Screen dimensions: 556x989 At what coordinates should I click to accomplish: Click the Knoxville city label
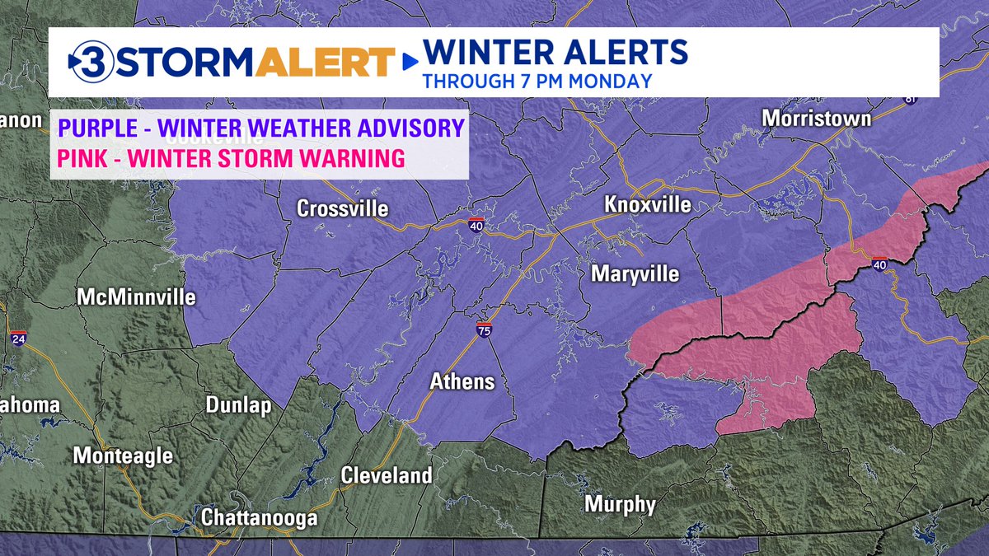(x=647, y=204)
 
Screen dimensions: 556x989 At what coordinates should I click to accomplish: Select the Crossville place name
(x=342, y=209)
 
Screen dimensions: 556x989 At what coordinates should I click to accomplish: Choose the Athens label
(x=462, y=381)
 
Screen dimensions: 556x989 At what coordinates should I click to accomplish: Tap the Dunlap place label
(x=238, y=405)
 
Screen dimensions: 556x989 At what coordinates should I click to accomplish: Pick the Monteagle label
(x=124, y=455)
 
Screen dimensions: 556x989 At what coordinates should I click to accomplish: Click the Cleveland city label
(x=387, y=475)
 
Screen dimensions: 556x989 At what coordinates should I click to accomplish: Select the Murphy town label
(x=620, y=504)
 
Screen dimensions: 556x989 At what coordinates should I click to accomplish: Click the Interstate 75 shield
(x=485, y=331)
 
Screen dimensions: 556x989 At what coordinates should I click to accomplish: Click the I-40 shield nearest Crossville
(x=477, y=226)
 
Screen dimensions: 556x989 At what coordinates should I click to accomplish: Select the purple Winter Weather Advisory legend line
(x=261, y=128)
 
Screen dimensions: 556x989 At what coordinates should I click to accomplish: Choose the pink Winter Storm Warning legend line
(x=230, y=157)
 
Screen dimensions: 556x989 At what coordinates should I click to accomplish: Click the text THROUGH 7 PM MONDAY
(x=537, y=81)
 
